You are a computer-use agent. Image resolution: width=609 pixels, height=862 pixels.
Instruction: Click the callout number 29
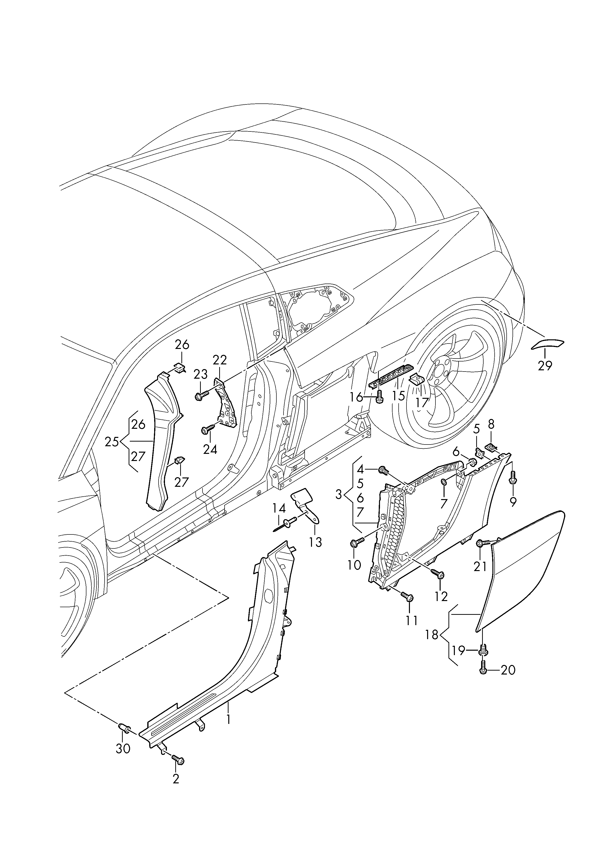pyautogui.click(x=545, y=365)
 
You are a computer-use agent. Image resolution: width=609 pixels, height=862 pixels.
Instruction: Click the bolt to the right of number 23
pyautogui.click(x=202, y=395)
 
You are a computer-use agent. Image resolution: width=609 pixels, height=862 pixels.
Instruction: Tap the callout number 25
pyautogui.click(x=112, y=442)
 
